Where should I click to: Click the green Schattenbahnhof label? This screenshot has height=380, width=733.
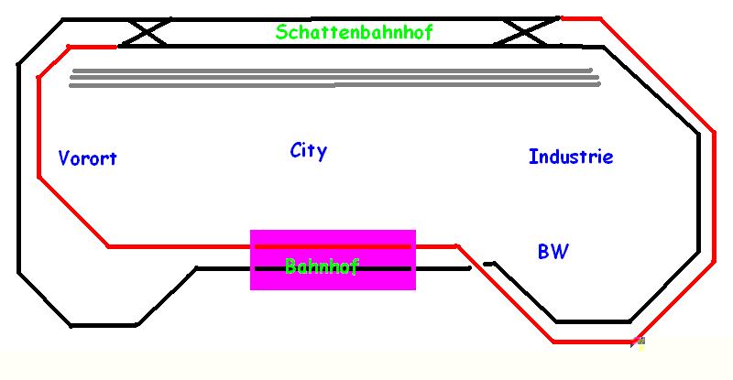[354, 32]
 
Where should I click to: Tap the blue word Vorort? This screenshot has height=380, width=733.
[87, 158]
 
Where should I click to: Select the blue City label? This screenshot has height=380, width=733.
[308, 151]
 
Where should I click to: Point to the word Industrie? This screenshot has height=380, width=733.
[570, 157]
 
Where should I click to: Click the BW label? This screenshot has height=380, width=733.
[552, 252]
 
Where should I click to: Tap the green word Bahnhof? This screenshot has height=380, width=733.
[321, 266]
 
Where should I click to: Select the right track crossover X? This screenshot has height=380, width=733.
[526, 31]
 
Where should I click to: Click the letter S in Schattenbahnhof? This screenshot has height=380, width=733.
[281, 32]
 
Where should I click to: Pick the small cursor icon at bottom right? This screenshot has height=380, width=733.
[639, 342]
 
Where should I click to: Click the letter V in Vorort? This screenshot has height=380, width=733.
[64, 157]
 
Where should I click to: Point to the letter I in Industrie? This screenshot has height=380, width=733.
[532, 157]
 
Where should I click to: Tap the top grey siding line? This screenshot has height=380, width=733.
[330, 70]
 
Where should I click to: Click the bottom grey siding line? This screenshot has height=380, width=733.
[330, 85]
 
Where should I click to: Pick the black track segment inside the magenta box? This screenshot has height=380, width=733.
[385, 268]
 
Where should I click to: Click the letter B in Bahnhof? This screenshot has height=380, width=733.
[290, 266]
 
